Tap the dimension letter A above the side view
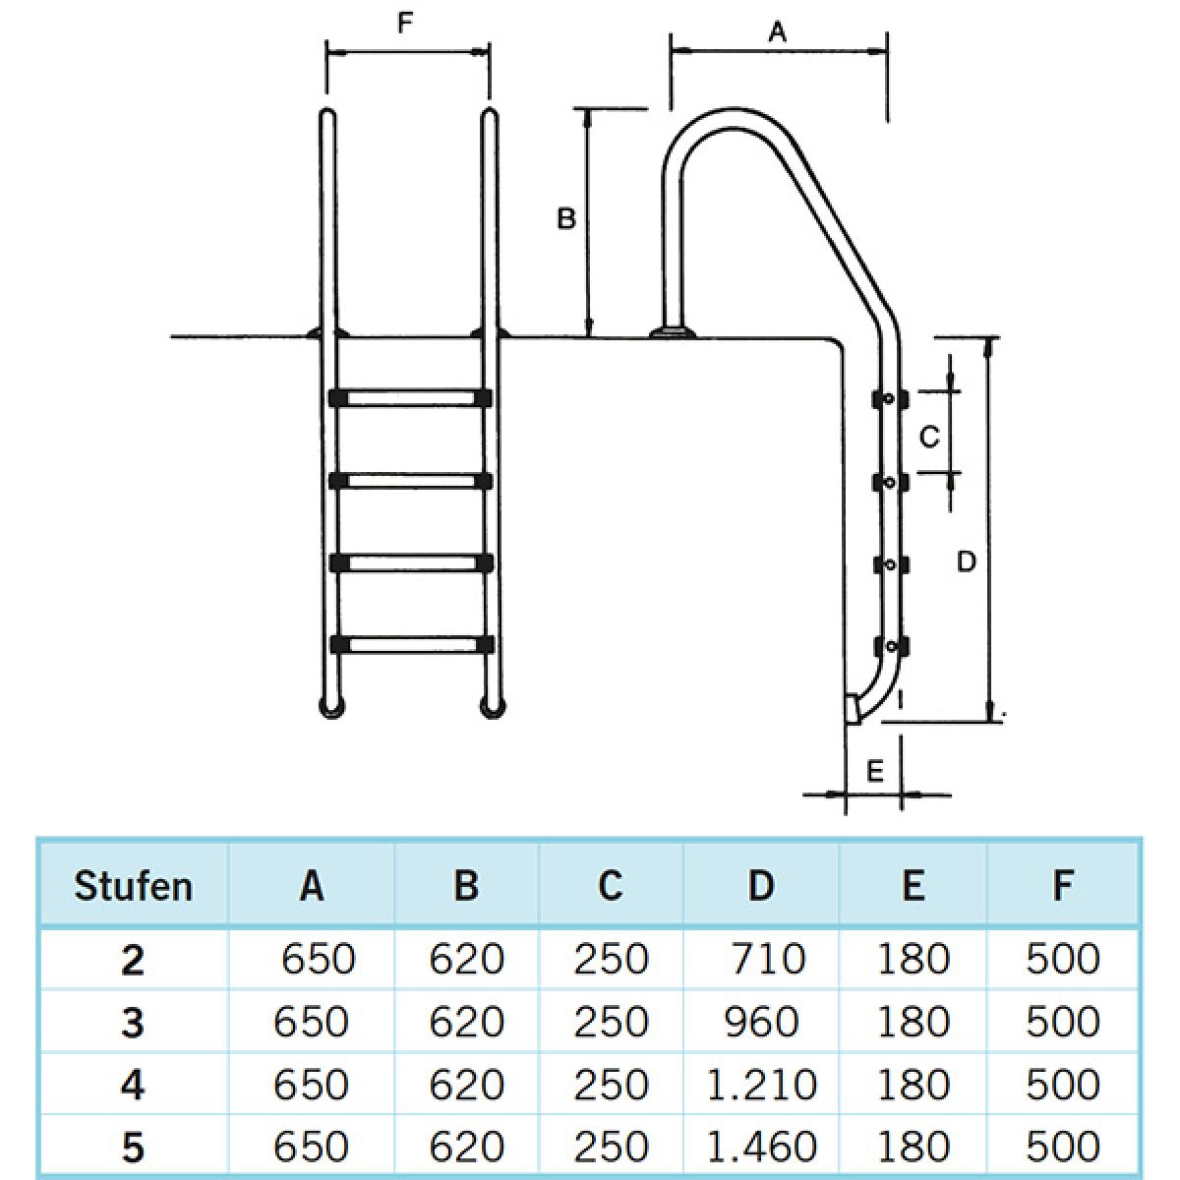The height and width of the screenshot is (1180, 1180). [x=777, y=33]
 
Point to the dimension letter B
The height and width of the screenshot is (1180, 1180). [x=565, y=218]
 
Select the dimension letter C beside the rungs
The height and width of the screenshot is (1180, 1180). [x=929, y=437]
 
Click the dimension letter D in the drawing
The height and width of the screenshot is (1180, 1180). [x=967, y=561]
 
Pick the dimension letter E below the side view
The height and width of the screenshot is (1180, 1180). [x=875, y=772]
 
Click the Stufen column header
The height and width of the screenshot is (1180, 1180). [x=133, y=886]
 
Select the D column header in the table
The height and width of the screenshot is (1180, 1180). [x=761, y=886]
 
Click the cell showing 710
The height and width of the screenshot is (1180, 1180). [x=767, y=959]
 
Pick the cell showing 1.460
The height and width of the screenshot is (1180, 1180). [x=761, y=1147]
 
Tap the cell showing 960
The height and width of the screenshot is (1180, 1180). [x=761, y=1023]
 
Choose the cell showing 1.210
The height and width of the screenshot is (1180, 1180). [x=761, y=1085]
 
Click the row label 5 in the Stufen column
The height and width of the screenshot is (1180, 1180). [x=133, y=1148]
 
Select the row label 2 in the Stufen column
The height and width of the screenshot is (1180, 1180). [x=133, y=960]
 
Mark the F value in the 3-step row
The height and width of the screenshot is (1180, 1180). [x=1062, y=1023]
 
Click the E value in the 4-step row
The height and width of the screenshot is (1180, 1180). [x=913, y=1085]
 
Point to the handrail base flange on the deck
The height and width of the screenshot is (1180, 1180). [x=673, y=334]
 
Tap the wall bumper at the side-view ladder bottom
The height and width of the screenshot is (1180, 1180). [x=852, y=710]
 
